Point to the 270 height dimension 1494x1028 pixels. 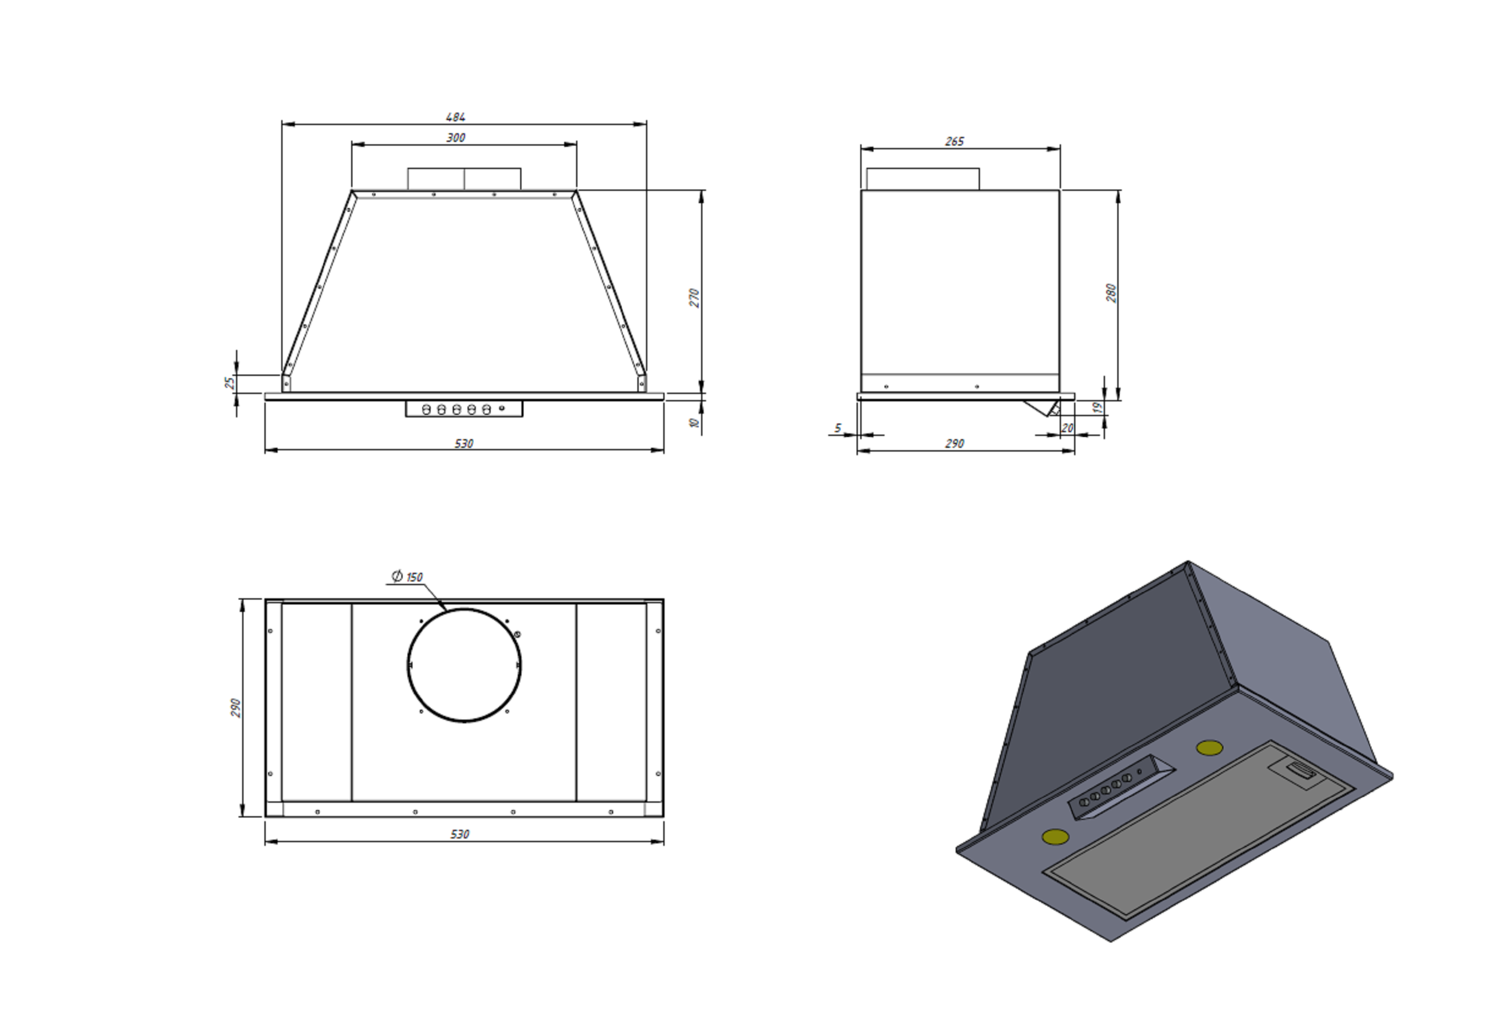pos(694,298)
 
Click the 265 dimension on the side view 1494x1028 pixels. pos(954,141)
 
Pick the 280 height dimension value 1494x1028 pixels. pos(1111,292)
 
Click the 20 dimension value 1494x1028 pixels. pos(1067,428)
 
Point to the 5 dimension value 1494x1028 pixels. pos(838,428)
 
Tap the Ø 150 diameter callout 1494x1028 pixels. pos(407,577)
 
